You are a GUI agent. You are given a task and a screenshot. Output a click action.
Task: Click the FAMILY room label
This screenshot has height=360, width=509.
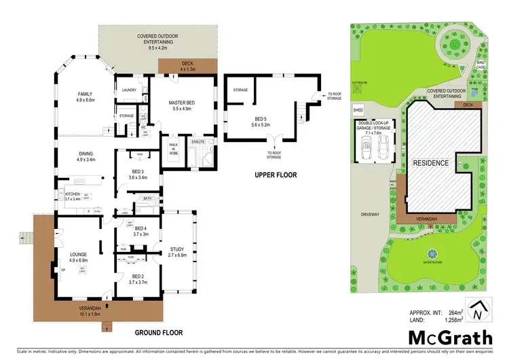click(85, 94)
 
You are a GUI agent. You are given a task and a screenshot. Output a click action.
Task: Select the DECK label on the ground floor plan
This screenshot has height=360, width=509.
click(187, 63)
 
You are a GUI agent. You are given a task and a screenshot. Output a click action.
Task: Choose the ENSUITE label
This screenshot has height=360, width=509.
click(198, 141)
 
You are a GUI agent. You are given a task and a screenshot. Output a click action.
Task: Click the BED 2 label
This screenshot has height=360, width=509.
click(138, 276)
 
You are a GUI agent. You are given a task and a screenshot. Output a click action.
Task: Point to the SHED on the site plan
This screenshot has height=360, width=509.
click(358, 109)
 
